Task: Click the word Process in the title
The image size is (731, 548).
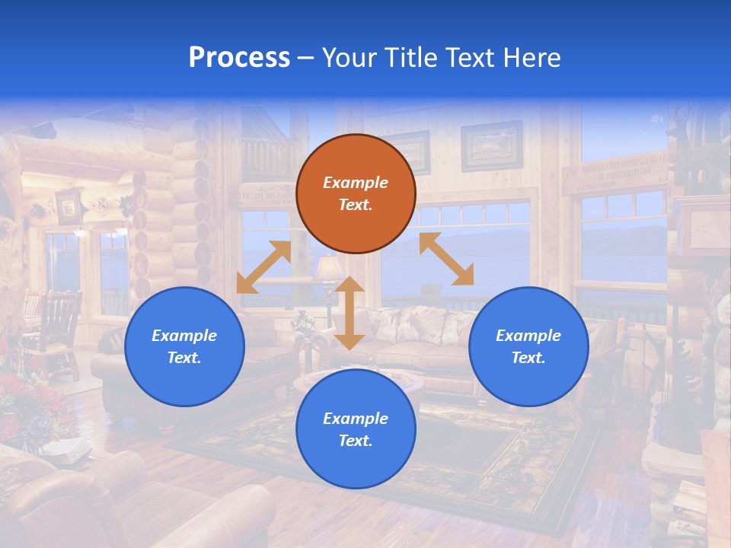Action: pos(239,58)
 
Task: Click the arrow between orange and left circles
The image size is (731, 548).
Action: pos(263,267)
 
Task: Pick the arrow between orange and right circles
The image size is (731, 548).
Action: pos(446,259)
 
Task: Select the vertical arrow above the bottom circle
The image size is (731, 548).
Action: pos(350,313)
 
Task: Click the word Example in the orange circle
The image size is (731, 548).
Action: pos(356,183)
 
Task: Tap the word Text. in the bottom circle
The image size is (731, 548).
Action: pos(356,441)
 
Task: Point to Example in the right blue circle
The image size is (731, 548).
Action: pos(528,336)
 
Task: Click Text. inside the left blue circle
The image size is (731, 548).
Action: pos(184,358)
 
